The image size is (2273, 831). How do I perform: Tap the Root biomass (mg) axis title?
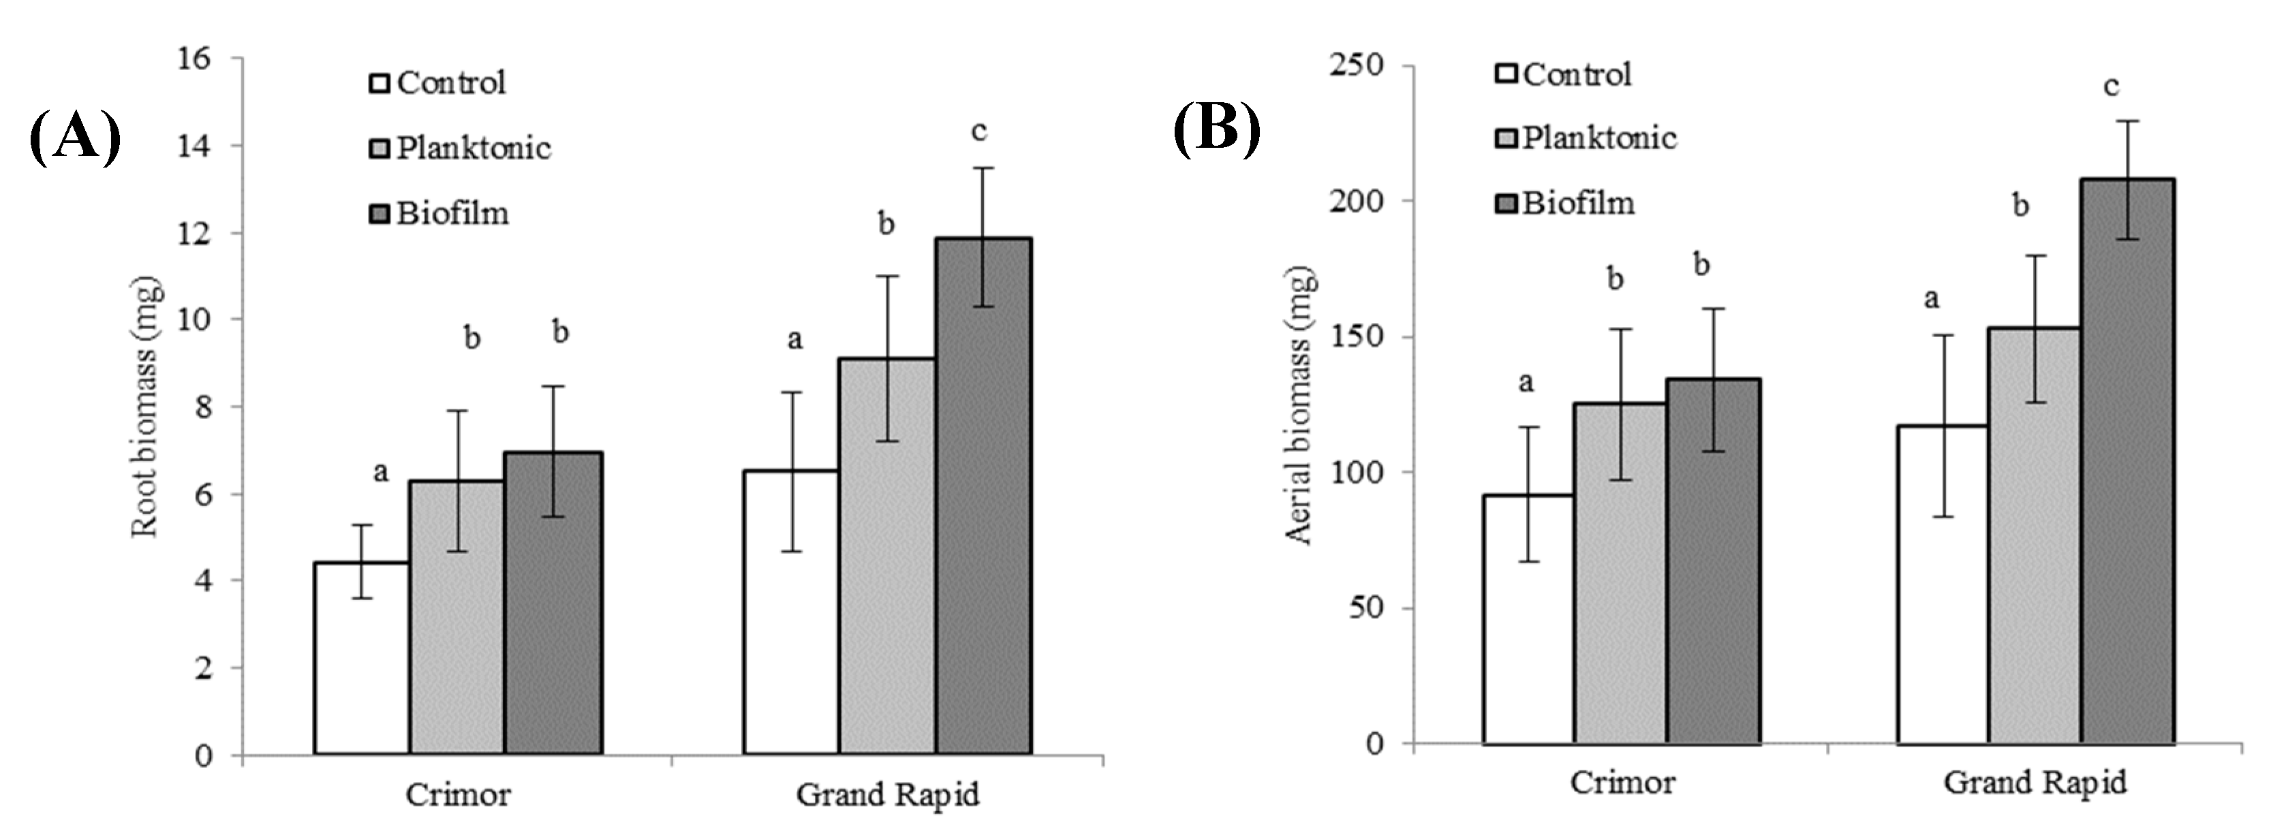click(146, 407)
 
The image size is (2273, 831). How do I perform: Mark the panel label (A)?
click(75, 137)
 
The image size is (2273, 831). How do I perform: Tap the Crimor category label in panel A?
click(458, 795)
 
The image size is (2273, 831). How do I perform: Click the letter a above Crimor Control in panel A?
click(380, 473)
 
